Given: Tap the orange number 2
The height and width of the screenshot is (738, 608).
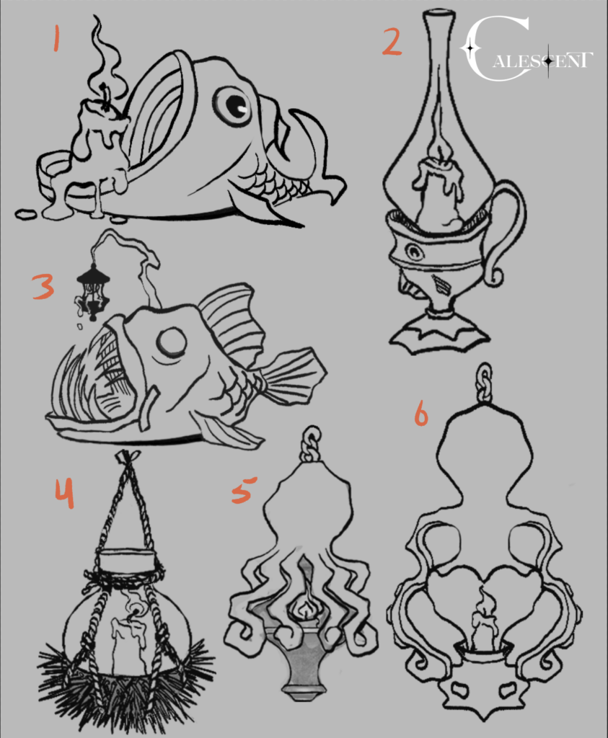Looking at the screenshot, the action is [392, 42].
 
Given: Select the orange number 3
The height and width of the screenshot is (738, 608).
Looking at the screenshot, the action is [43, 287].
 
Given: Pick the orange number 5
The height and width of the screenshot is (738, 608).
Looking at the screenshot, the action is [244, 489].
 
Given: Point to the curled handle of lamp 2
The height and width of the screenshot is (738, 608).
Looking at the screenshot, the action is [505, 231].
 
